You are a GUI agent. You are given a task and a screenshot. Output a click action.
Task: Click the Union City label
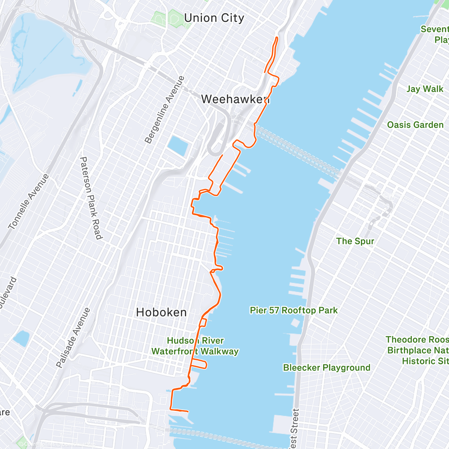214,18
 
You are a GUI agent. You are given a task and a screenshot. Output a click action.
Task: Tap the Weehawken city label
235,99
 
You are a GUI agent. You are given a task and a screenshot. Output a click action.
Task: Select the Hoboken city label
161,312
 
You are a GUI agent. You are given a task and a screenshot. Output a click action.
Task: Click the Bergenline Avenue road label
165,110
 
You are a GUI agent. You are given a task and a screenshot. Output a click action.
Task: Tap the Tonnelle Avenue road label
28,202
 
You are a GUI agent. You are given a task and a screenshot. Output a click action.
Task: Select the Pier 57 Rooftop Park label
294,310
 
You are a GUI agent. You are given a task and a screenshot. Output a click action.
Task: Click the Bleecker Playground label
327,367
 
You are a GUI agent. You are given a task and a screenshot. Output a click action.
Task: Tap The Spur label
355,241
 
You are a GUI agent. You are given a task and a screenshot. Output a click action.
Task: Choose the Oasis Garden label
415,125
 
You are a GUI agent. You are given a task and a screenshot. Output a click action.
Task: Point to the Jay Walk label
425,89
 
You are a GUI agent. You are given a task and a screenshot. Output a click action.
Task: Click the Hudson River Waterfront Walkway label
195,346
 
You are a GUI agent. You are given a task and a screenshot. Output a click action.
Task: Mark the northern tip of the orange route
277,37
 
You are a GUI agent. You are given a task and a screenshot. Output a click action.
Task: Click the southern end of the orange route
188,411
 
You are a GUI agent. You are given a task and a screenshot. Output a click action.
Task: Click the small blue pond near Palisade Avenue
21,338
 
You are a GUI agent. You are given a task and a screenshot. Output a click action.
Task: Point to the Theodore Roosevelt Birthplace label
417,350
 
